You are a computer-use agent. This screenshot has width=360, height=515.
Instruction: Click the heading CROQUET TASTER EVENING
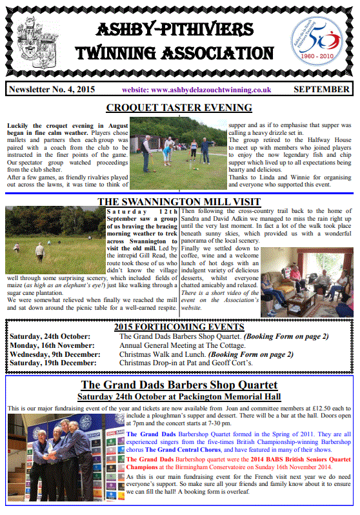click(x=179, y=108)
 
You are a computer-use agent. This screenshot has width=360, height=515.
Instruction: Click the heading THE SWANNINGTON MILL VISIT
click(x=179, y=201)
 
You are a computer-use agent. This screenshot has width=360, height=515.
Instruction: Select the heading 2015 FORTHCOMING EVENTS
click(x=179, y=327)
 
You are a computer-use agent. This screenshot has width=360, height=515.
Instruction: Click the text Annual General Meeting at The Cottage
click(x=170, y=345)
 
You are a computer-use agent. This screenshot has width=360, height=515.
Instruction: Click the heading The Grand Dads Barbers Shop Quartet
click(x=179, y=387)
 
